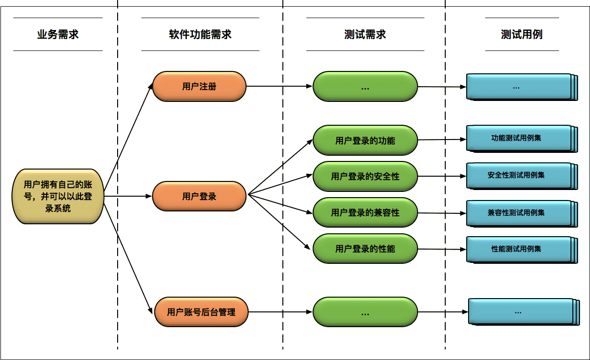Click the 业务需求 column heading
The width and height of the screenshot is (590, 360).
(58, 34)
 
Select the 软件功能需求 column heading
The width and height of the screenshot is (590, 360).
(200, 34)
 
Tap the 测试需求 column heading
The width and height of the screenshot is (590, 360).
(365, 34)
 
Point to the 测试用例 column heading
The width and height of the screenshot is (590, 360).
(521, 34)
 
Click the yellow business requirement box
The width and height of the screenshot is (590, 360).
(58, 196)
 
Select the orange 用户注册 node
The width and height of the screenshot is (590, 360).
(199, 87)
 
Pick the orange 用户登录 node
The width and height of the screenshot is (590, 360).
(199, 196)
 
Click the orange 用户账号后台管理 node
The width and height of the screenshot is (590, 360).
(201, 312)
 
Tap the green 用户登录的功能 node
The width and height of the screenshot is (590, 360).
(365, 140)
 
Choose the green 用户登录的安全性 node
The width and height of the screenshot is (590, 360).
(365, 177)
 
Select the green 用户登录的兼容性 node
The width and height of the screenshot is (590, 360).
(365, 213)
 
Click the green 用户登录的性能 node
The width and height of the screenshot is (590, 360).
(365, 249)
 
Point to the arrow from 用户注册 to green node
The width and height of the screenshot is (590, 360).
(279, 87)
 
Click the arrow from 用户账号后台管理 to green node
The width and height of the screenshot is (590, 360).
(281, 312)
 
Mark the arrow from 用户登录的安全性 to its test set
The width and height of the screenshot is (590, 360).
(442, 176)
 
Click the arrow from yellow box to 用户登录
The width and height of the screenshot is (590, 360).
(128, 196)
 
